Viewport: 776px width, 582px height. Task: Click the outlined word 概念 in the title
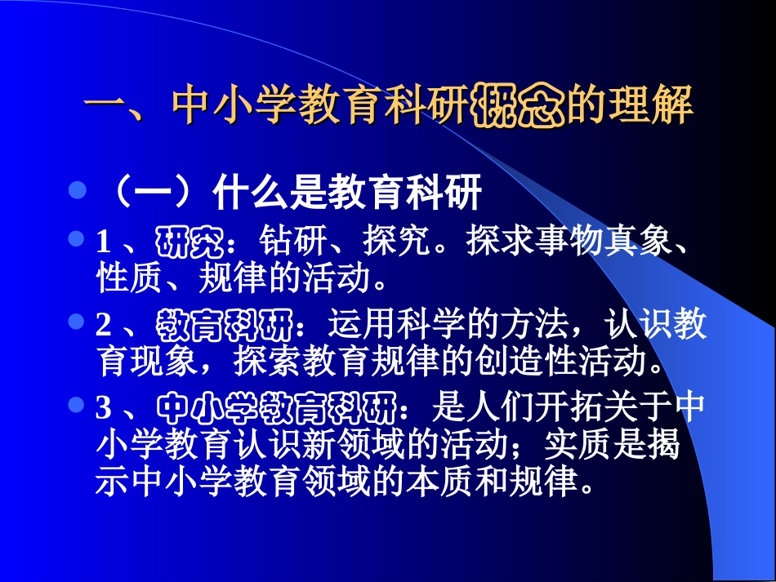pyautogui.click(x=519, y=105)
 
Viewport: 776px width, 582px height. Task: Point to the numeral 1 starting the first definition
pyautogui.click(x=103, y=242)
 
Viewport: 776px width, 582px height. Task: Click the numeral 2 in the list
pyautogui.click(x=103, y=327)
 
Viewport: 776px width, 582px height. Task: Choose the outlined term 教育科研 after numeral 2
pyautogui.click(x=225, y=327)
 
